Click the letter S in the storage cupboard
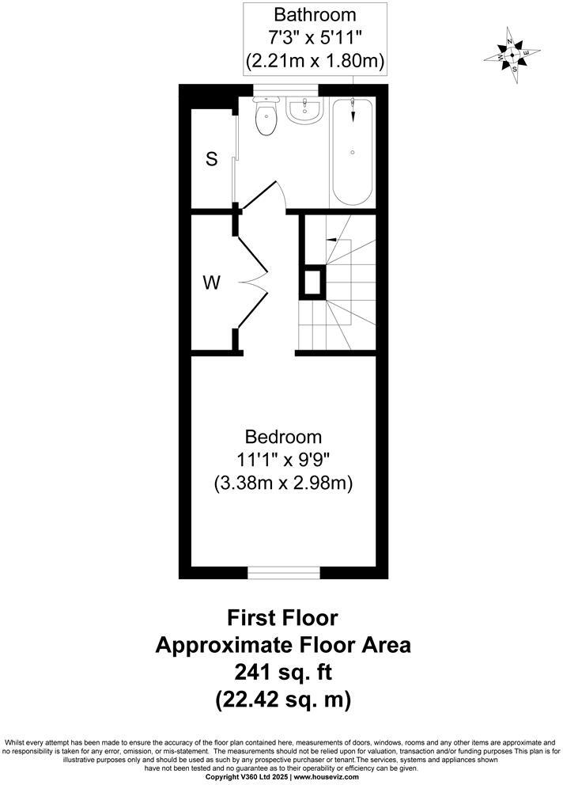pos(211,158)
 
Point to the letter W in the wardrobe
pos(211,283)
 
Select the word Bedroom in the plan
pos(283,437)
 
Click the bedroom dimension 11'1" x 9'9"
pos(283,460)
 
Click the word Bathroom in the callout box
pos(315,14)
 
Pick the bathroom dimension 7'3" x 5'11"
pos(315,37)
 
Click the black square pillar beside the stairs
pos(312,282)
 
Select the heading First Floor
pos(282,616)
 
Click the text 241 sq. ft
pos(282,673)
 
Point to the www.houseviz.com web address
pos(331,777)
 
